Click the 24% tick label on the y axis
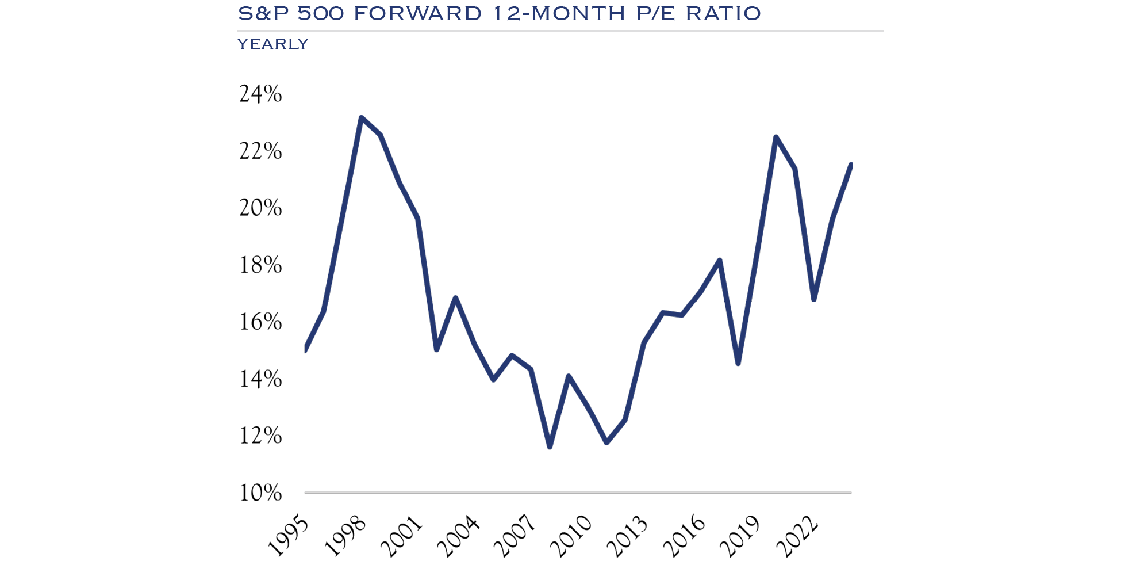click(260, 94)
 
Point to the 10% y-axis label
click(260, 493)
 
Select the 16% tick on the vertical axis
click(260, 322)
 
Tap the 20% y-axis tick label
click(260, 208)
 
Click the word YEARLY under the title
click(273, 44)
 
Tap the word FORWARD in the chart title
click(417, 13)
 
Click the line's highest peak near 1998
click(361, 118)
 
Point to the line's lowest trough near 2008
click(550, 446)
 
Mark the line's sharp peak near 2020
click(776, 137)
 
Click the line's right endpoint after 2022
click(850, 165)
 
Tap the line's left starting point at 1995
click(305, 349)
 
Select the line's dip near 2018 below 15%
click(738, 363)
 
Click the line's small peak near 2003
click(455, 298)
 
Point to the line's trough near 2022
click(813, 299)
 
